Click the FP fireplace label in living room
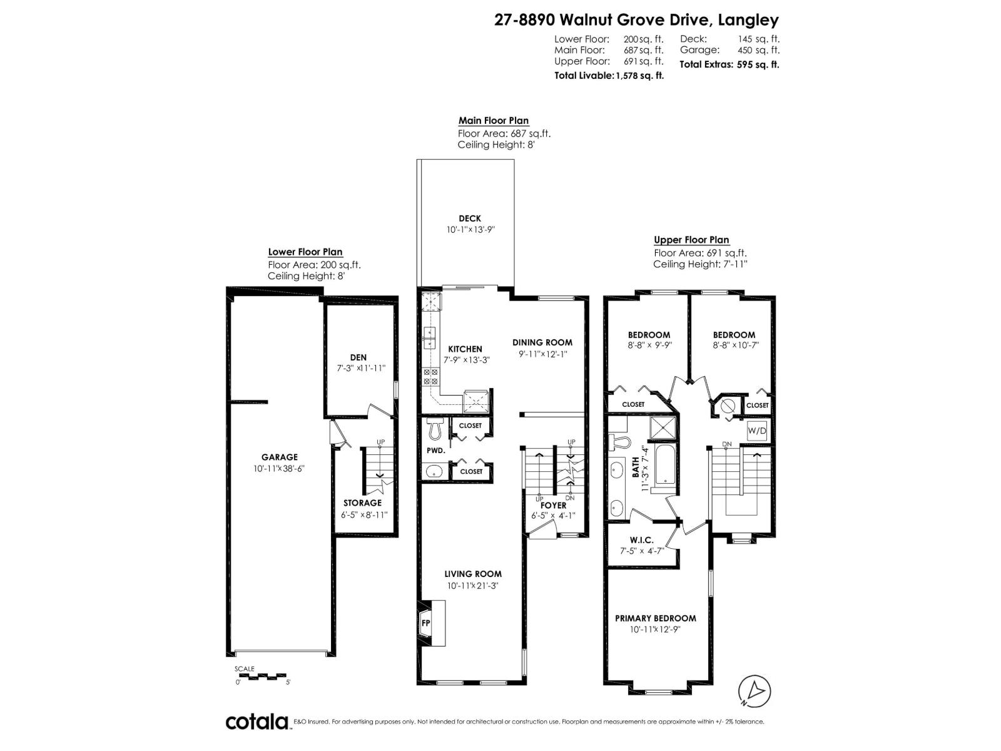(x=426, y=623)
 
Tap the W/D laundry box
(x=757, y=431)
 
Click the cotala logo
(x=257, y=722)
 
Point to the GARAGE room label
(x=280, y=457)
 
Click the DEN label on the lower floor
(x=358, y=357)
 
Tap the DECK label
(x=470, y=218)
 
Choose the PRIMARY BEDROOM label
(x=655, y=618)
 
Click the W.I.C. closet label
(x=641, y=539)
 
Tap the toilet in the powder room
(x=435, y=429)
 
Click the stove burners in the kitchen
(x=431, y=376)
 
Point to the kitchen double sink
(x=430, y=338)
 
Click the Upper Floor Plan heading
(x=691, y=240)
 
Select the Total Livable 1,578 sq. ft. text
(x=609, y=75)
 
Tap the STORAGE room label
(x=362, y=503)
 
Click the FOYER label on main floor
(x=553, y=505)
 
